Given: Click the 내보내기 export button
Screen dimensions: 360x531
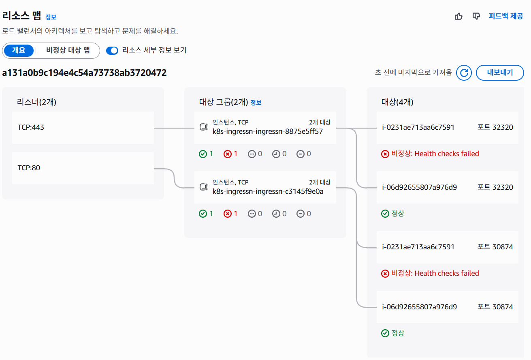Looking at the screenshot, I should click(x=499, y=73).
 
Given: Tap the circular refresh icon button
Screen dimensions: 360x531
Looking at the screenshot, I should click(x=464, y=73).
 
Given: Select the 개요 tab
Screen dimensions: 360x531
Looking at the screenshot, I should click(x=19, y=50).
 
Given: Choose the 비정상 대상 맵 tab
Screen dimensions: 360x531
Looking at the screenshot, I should click(x=68, y=50).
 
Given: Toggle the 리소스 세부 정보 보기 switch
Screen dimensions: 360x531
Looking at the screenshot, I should click(x=112, y=50).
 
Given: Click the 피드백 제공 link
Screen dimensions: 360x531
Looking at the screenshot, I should click(x=506, y=16).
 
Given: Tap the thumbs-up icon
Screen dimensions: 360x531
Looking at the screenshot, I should click(x=458, y=16).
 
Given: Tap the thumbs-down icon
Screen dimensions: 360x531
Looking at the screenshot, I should click(x=476, y=16).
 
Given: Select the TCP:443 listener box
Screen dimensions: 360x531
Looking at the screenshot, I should click(x=83, y=128).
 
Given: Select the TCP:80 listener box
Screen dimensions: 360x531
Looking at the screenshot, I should click(x=83, y=168).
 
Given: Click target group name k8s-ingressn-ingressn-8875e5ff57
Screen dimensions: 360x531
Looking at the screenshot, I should click(x=268, y=131).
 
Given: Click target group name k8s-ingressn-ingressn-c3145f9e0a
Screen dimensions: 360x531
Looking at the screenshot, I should click(x=268, y=191).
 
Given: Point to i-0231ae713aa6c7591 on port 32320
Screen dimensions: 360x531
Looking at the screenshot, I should click(x=418, y=128).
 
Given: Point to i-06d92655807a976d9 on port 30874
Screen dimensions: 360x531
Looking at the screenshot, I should click(x=419, y=307).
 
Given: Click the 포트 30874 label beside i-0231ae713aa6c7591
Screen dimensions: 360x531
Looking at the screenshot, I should click(x=495, y=247).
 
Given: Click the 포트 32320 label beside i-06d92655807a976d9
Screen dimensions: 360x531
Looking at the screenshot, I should click(x=495, y=187).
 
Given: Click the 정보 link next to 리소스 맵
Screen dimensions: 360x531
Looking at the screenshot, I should click(x=51, y=17).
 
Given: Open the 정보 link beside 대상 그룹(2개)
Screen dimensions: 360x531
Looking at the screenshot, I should click(x=256, y=103).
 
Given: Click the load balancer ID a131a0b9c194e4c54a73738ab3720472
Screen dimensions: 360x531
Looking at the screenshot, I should click(x=84, y=73).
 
